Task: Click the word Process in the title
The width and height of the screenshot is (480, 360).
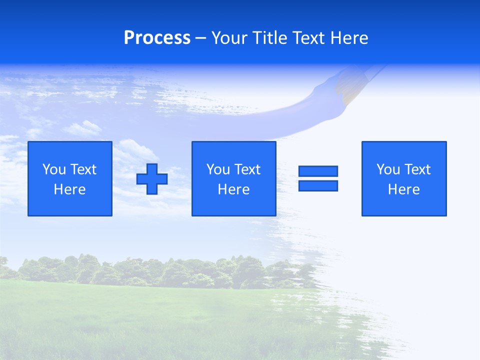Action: pos(157,38)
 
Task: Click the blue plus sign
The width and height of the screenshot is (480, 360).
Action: pos(152,179)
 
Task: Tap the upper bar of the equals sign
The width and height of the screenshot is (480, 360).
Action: pos(318,171)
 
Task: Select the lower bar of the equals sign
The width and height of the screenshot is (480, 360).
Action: pos(318,185)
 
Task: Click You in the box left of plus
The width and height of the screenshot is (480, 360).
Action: pos(54,169)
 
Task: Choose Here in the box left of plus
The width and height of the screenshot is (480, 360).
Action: pos(69,189)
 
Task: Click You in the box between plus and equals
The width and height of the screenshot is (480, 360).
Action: pos(218,169)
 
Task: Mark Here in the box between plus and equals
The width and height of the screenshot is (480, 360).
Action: pos(233,189)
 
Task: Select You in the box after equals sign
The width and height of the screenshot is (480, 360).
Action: pos(388,169)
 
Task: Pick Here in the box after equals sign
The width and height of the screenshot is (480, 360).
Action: pos(403,189)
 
